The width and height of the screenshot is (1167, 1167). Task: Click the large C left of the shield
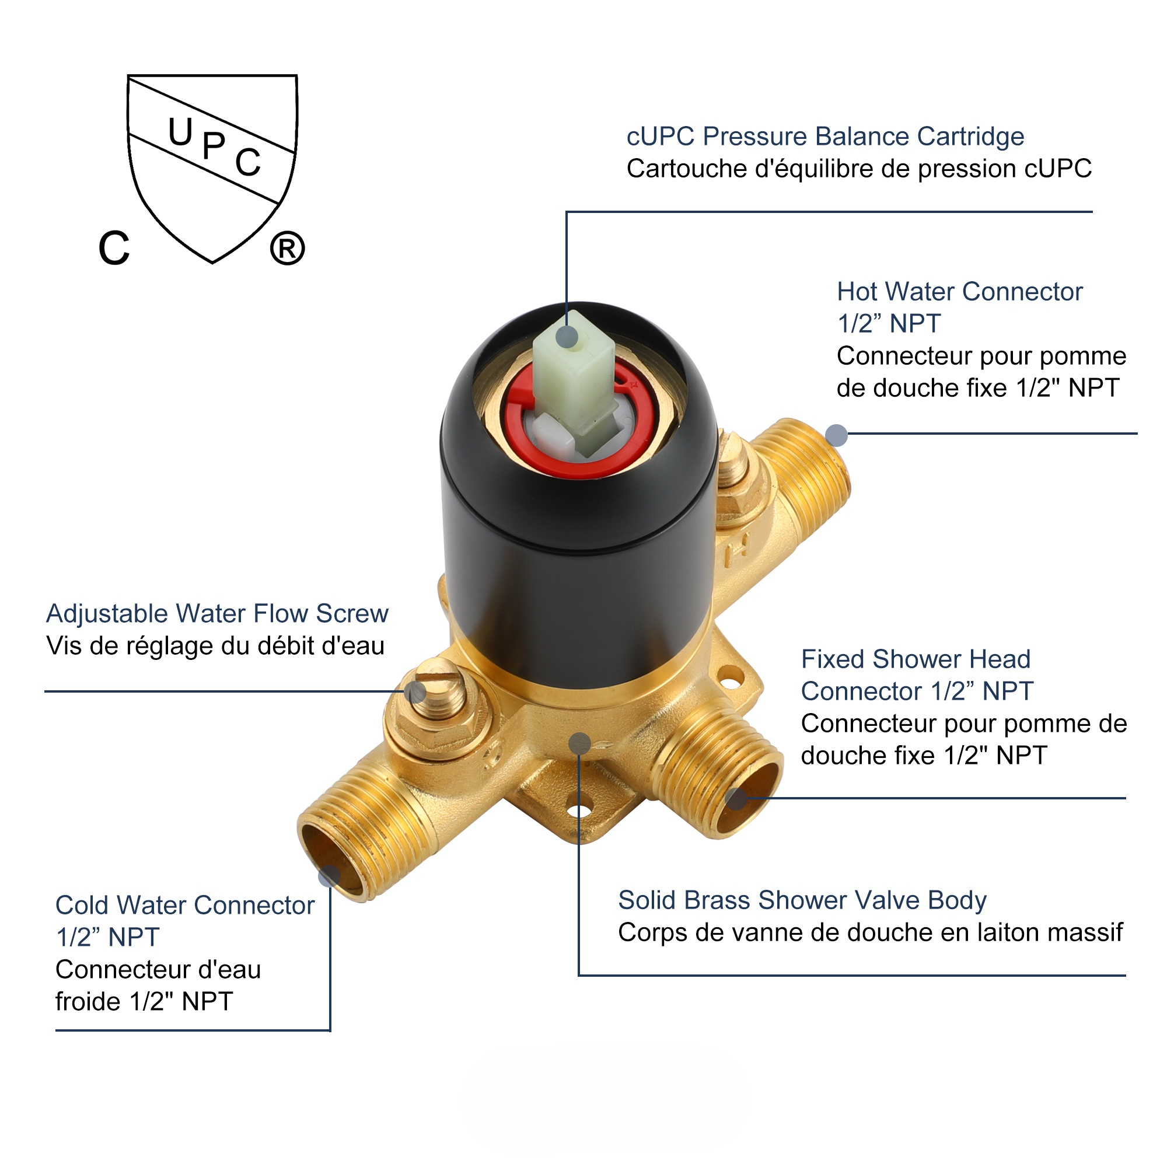(x=114, y=248)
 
